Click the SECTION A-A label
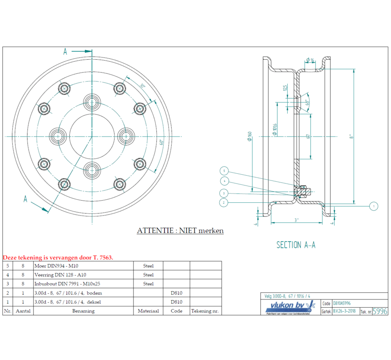(296, 245)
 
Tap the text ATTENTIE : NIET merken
(180, 230)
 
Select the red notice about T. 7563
(58, 258)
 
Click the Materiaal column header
(148, 311)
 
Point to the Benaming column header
(83, 311)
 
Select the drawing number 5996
(380, 311)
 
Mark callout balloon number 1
(373, 206)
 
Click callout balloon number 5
(224, 171)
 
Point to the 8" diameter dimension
(351, 137)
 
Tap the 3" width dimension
(297, 219)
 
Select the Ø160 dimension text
(249, 137)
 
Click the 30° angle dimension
(142, 86)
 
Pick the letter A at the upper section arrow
(65, 51)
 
